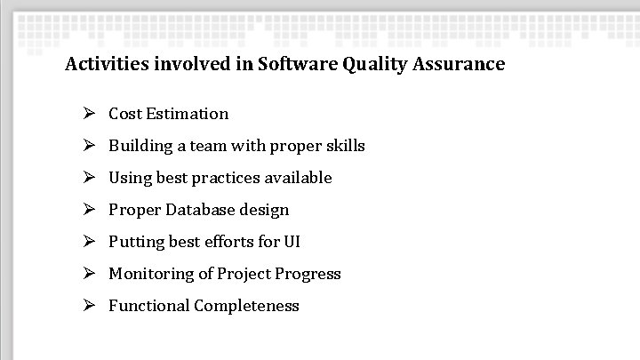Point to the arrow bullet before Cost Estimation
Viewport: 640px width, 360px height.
tap(89, 114)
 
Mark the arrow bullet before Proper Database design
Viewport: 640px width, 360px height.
tap(89, 210)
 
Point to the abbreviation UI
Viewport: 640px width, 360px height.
tap(292, 242)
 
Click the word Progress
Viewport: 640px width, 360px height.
tap(308, 274)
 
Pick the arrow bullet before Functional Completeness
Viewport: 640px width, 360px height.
tap(89, 306)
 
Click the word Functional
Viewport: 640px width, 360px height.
tap(148, 306)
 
